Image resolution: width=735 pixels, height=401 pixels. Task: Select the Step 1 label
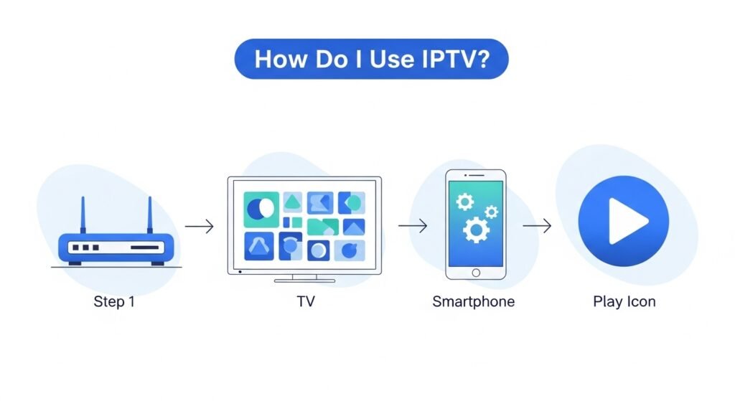pyautogui.click(x=114, y=301)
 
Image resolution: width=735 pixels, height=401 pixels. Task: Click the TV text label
pyautogui.click(x=305, y=301)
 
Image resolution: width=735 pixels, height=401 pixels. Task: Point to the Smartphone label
pyautogui.click(x=473, y=301)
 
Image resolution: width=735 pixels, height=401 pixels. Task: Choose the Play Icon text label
pyautogui.click(x=624, y=301)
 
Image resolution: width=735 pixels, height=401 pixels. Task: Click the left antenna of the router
pyautogui.click(x=83, y=215)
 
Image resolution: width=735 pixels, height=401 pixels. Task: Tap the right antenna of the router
pyautogui.click(x=150, y=215)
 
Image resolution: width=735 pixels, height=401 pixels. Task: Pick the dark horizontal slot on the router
pyautogui.click(x=144, y=247)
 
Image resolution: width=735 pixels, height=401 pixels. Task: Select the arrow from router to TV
pyautogui.click(x=200, y=227)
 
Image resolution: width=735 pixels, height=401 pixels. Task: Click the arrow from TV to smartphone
pyautogui.click(x=413, y=227)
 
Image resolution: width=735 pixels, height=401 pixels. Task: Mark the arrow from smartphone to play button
pyautogui.click(x=537, y=227)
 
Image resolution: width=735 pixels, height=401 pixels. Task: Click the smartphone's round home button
pyautogui.click(x=475, y=272)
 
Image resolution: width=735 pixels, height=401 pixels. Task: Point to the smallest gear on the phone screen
pyautogui.click(x=491, y=211)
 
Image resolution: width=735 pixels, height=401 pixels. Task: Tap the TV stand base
pyautogui.click(x=304, y=280)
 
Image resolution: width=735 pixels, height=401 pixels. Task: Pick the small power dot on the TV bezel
pyautogui.click(x=240, y=271)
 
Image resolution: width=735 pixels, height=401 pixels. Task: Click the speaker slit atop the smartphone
pyautogui.click(x=475, y=176)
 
